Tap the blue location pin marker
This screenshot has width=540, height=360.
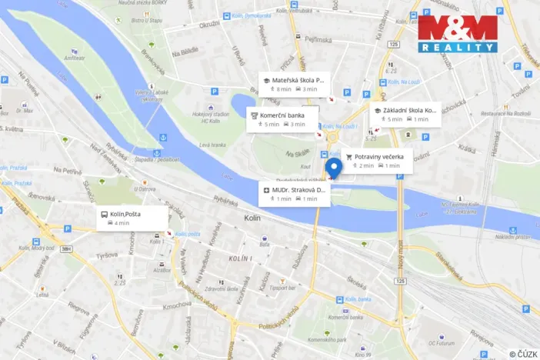(x=333, y=168)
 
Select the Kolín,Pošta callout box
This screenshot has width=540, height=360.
(x=132, y=218)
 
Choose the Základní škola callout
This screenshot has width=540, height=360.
(x=405, y=114)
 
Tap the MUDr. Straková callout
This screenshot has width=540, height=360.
(x=294, y=193)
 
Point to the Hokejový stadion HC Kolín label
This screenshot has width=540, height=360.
(x=212, y=117)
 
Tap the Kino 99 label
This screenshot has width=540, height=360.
(x=342, y=355)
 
